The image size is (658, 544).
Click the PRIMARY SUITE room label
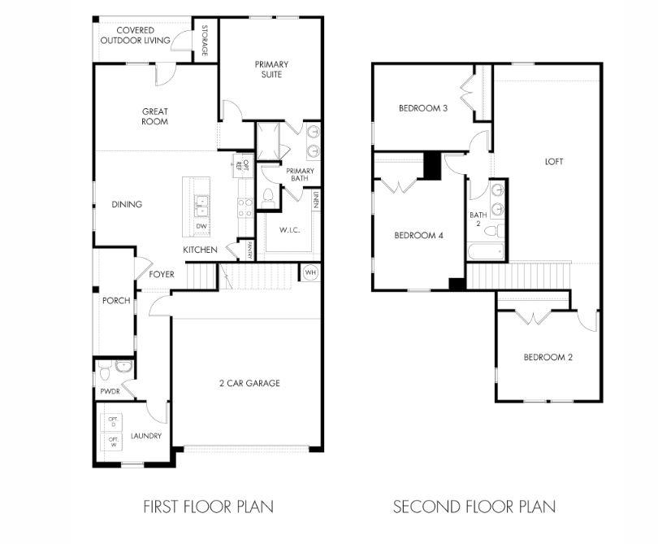click(x=271, y=69)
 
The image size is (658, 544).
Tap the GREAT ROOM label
click(x=154, y=116)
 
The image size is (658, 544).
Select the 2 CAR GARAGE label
click(x=249, y=383)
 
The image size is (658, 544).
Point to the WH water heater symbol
click(x=310, y=272)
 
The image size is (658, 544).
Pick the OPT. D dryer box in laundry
click(x=113, y=422)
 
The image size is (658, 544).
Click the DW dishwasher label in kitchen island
click(x=200, y=226)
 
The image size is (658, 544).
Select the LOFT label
click(x=554, y=161)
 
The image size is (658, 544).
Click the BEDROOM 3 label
click(x=422, y=108)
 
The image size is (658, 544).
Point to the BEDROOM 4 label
click(x=418, y=236)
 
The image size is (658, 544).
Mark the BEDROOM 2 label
click(x=548, y=357)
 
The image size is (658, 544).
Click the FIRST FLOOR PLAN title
click(x=208, y=507)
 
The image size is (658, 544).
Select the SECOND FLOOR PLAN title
click(x=474, y=507)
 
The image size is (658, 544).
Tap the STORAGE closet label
click(x=205, y=41)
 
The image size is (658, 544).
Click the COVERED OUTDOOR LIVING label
click(x=136, y=35)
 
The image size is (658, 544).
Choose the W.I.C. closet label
click(x=289, y=230)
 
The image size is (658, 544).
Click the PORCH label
click(x=116, y=301)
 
